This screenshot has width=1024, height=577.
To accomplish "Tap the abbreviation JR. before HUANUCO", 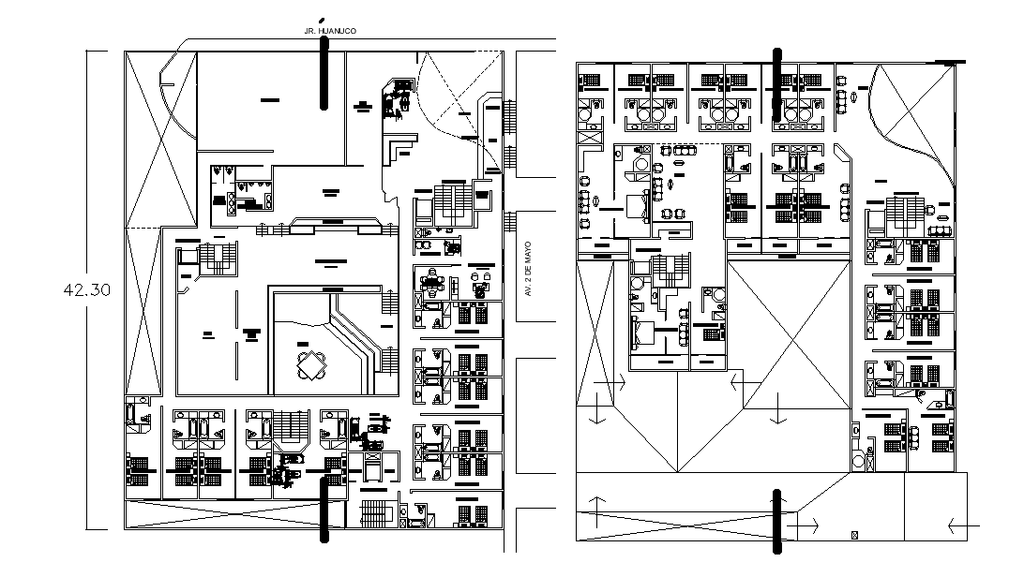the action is (x=311, y=31).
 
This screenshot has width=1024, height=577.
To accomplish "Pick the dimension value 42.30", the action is (x=86, y=289).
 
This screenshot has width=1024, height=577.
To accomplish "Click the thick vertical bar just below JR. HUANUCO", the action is (x=324, y=76).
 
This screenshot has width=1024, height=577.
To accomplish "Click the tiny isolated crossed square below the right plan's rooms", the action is (x=853, y=535).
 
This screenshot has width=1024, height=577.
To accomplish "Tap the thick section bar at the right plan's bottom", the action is (x=776, y=520).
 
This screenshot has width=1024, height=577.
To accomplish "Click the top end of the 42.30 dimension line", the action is (x=90, y=50).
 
